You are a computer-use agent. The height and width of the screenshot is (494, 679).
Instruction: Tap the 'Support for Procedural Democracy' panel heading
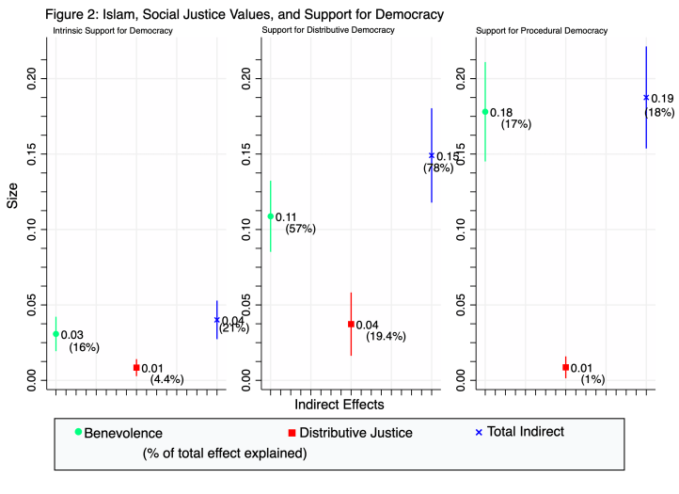[542, 31]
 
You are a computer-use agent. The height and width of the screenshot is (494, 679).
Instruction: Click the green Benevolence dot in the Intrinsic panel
[55, 334]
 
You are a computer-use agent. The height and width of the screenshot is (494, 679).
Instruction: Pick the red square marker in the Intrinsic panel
[136, 368]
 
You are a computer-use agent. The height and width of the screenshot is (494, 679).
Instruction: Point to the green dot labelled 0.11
[271, 216]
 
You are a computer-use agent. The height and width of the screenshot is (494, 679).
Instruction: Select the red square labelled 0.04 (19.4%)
[351, 325]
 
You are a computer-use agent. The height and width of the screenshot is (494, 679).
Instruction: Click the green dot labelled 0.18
[485, 112]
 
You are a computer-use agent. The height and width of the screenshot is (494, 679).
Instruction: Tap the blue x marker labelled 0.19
[646, 97]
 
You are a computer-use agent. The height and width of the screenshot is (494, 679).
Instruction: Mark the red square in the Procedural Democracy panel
[565, 367]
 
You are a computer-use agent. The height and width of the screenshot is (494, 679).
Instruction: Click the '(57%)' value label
[301, 229]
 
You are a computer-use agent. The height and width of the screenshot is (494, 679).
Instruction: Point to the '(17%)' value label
[516, 124]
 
